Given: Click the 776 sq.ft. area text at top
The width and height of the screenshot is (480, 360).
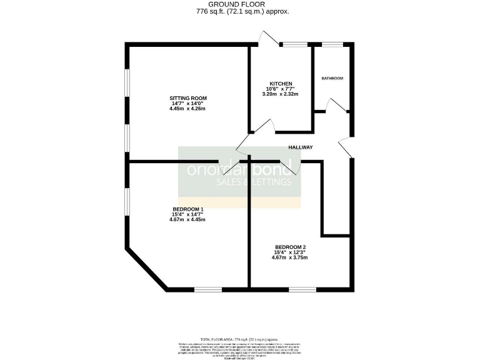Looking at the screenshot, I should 242,11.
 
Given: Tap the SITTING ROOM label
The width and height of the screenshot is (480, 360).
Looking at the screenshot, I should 187,98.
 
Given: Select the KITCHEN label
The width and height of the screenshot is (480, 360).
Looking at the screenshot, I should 281,84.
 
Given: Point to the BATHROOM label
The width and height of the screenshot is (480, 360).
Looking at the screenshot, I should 332,78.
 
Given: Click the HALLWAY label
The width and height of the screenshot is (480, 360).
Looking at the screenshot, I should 300,147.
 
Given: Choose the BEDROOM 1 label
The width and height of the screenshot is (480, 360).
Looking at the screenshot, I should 188,209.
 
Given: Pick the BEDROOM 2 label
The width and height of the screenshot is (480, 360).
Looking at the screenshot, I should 290,247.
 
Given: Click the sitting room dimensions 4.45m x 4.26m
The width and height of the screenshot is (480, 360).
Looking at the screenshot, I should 187,109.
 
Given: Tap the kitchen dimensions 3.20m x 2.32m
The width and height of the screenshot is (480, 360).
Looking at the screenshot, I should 281,94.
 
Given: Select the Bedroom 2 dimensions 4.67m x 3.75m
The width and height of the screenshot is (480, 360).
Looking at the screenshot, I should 290,257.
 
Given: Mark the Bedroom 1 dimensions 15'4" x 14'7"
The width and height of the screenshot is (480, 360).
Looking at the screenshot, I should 187,214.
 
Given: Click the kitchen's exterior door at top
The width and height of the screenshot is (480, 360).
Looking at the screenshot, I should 268,39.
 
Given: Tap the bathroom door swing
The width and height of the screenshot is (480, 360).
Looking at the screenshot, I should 337,106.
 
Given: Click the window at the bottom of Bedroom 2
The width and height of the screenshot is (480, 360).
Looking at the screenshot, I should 302,289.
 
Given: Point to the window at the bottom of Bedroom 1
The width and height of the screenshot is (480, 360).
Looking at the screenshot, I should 207,289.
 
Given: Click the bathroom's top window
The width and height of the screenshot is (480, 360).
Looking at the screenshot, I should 332,44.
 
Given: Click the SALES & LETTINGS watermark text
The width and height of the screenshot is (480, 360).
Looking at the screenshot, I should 254,182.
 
